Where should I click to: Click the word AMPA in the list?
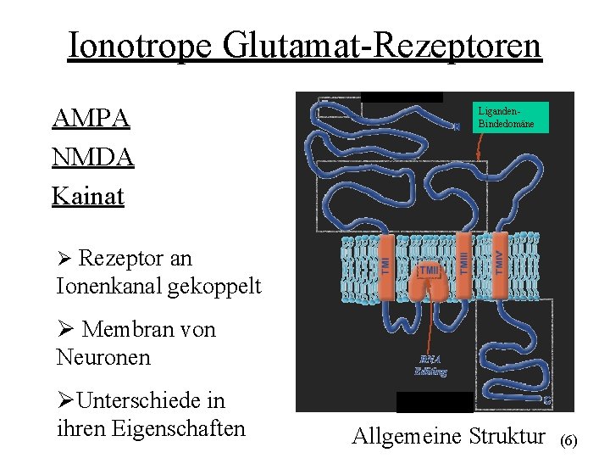coord(91,119)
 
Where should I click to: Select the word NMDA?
coord(93,158)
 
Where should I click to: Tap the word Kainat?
coord(88,197)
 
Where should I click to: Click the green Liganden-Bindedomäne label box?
coord(512,117)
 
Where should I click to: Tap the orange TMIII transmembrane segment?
coord(463,263)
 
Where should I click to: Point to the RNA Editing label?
coord(430,365)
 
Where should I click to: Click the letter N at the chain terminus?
coord(457,127)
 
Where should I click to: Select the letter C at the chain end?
coord(547,399)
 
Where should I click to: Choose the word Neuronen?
coord(103,357)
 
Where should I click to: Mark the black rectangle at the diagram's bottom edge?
coord(435,402)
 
